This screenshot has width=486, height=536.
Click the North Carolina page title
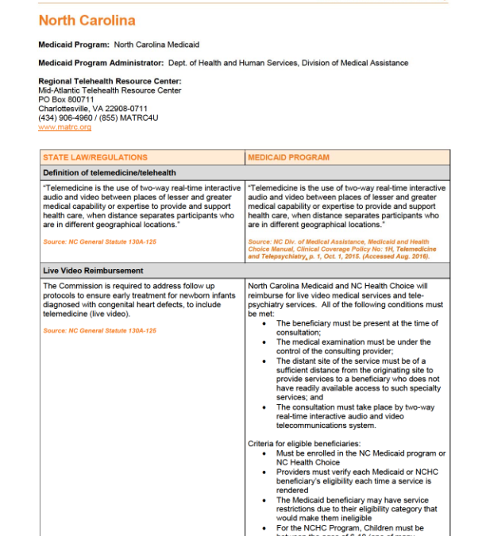[x=87, y=21]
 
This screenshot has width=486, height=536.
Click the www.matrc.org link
[x=64, y=127]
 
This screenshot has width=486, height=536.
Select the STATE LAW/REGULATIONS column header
[x=95, y=157]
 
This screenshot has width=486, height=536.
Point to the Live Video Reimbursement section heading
[x=93, y=271]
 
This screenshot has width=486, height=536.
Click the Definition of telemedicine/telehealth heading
[x=110, y=172]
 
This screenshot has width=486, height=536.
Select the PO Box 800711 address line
[x=66, y=100]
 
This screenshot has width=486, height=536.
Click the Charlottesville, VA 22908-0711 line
[x=92, y=109]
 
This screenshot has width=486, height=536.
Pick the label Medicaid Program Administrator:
[x=101, y=63]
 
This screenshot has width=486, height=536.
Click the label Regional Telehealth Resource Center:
[x=110, y=81]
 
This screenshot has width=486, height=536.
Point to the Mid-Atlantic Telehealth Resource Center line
[x=110, y=91]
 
